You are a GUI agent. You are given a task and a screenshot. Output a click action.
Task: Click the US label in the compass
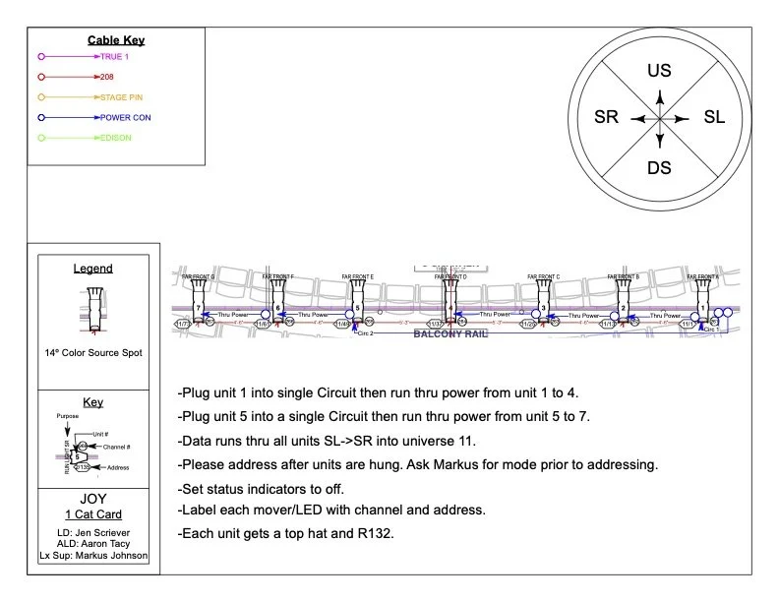point(659,71)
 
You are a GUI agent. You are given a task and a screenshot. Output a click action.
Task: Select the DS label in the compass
point(659,167)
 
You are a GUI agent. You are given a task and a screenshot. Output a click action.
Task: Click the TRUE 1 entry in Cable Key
point(114,57)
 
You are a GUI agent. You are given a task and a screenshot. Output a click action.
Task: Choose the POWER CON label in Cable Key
point(125,118)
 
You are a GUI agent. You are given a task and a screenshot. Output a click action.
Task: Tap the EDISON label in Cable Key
point(115,138)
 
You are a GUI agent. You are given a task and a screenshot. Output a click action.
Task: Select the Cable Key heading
point(116,40)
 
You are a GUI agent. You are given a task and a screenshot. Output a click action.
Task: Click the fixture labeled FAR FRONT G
point(199,300)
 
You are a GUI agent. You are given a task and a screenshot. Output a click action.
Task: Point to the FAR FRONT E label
point(358,277)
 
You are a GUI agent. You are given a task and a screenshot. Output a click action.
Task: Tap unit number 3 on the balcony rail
point(543,308)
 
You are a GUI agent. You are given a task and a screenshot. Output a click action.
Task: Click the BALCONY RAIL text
point(449,334)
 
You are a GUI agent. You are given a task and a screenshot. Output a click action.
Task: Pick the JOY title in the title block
point(92,499)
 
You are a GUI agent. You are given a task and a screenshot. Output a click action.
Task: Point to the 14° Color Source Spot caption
point(92,352)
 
